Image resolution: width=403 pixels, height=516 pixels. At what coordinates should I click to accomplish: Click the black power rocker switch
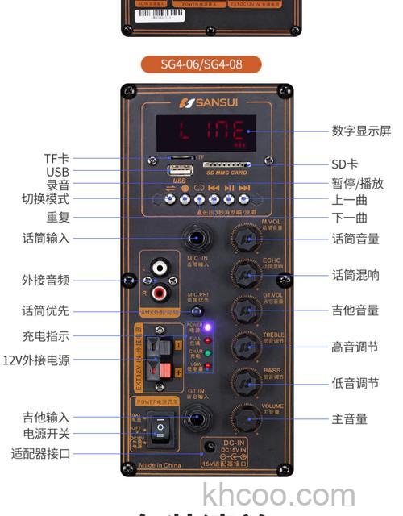tap(165, 427)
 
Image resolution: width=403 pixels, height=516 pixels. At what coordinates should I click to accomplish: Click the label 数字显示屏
tap(360, 131)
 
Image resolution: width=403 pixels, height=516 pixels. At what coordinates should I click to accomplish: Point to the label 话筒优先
tap(46, 310)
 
